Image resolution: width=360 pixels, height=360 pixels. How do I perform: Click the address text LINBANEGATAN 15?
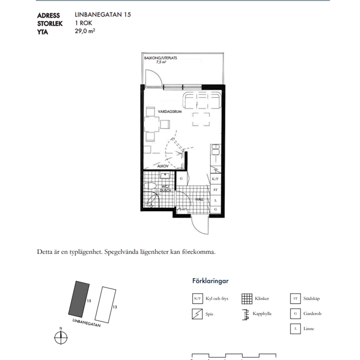(102, 15)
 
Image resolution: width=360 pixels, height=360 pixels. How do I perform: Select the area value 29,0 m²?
(85, 31)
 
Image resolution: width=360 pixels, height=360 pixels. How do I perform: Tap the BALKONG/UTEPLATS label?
(160, 58)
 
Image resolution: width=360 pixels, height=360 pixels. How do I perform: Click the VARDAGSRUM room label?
(170, 112)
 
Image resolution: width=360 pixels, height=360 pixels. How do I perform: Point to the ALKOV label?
(163, 166)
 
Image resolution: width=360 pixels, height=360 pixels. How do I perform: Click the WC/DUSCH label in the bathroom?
(165, 188)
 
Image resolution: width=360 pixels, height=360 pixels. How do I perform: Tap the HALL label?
(199, 199)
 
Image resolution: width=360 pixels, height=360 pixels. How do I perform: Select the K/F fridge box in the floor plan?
(215, 179)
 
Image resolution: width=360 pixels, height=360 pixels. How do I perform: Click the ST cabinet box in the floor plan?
(215, 190)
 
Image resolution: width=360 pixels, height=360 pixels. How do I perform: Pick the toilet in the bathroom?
(150, 186)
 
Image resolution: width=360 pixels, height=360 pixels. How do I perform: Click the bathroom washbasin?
(165, 176)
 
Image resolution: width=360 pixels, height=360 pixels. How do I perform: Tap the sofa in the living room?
(202, 100)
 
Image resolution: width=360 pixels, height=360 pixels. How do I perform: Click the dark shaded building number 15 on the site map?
(79, 299)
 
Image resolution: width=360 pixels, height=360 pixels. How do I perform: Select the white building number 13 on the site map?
(105, 305)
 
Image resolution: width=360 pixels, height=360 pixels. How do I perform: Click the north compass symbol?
(61, 338)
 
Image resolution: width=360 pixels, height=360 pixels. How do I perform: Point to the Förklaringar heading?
(210, 281)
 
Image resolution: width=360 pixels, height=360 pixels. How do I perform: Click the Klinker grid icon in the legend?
(247, 299)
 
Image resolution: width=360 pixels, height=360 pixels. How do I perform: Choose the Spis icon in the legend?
(197, 314)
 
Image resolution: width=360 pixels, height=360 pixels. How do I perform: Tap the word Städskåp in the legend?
(312, 298)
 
